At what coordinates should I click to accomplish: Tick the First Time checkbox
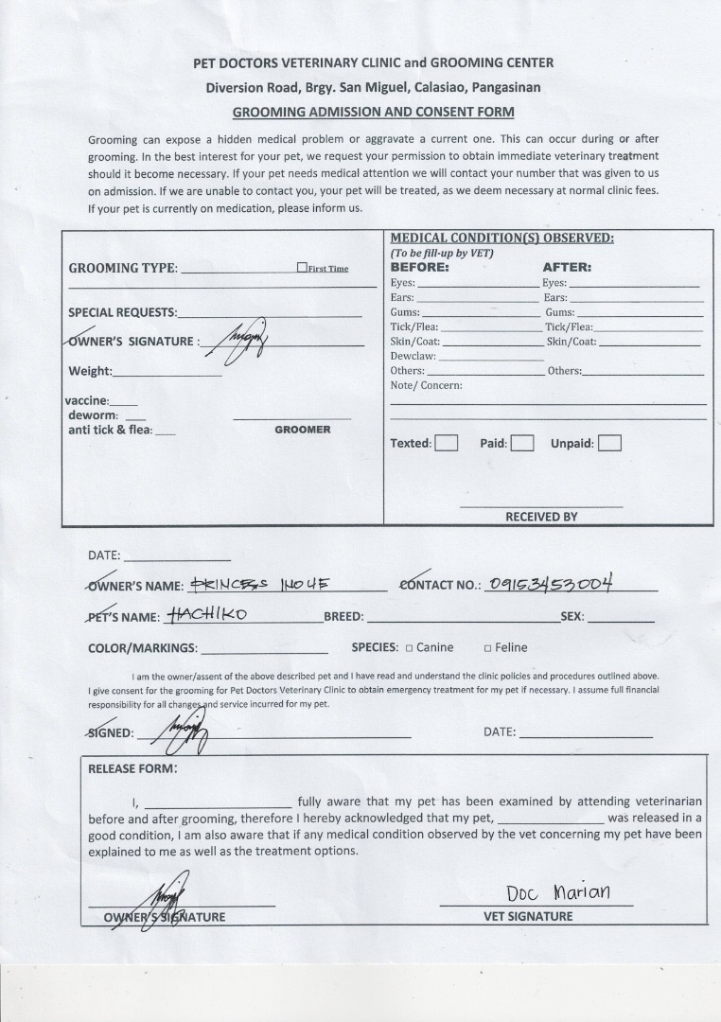[302, 268]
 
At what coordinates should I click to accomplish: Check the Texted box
[447, 443]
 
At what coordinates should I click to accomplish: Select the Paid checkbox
[522, 443]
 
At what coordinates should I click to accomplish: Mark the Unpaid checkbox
[609, 443]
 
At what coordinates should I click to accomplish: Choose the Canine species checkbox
[409, 648]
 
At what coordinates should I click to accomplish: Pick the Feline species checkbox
[487, 648]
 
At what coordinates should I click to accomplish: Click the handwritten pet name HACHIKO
[206, 614]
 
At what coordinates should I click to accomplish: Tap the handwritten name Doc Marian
[558, 892]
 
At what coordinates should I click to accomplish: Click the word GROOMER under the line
[303, 430]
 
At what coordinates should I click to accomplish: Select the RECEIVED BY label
[541, 517]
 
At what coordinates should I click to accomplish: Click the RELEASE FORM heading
[132, 768]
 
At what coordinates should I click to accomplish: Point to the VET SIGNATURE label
[528, 916]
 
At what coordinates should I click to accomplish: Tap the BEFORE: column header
[420, 267]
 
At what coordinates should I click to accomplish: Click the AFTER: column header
[567, 267]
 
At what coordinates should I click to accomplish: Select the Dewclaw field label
[413, 356]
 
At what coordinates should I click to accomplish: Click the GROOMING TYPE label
[122, 268]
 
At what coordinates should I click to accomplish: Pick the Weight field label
[90, 371]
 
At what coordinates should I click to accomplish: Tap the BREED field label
[343, 617]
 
